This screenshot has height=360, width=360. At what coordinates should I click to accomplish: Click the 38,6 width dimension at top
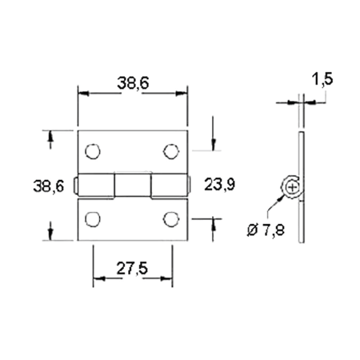134,82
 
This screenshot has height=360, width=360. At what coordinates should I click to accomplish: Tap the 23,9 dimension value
219,185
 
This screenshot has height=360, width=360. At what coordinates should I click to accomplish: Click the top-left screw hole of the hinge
93,150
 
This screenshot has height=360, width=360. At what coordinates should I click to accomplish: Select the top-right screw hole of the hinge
170,150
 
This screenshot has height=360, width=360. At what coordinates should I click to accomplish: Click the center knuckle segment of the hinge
132,185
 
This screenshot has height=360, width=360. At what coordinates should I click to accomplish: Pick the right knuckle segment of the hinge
169,185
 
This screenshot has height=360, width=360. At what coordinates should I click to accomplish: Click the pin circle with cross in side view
294,187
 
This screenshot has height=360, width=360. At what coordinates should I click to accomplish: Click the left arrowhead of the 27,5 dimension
98,278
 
